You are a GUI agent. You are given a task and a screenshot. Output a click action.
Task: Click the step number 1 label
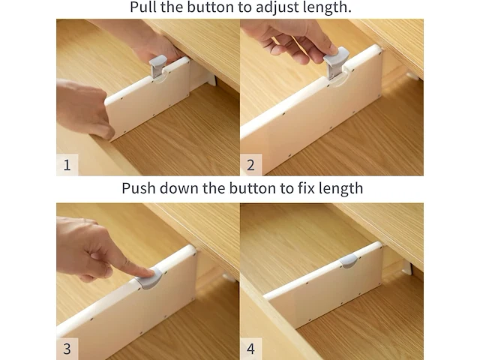67,165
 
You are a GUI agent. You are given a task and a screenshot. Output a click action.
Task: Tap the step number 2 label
250,165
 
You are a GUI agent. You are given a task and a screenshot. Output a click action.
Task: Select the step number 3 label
67,349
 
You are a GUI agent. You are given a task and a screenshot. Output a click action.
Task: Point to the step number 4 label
250,349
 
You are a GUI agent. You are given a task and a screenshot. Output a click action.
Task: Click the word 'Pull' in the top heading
143,7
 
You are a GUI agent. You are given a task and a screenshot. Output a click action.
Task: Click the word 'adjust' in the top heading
277,7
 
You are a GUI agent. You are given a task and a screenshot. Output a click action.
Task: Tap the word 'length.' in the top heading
327,7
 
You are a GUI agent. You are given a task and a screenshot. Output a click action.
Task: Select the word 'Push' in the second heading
139,188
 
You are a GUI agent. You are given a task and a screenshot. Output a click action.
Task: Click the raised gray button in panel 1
157,67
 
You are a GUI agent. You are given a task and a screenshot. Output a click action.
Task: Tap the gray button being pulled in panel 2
335,64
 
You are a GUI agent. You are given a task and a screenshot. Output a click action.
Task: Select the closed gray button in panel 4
349,261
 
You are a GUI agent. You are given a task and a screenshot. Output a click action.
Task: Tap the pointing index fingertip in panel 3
148,271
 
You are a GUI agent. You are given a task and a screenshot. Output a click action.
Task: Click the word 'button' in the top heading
211,7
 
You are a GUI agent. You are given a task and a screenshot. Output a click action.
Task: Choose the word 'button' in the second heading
253,188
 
